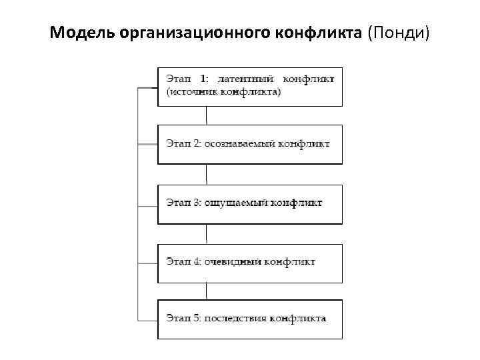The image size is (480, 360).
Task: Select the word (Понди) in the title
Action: [399, 32]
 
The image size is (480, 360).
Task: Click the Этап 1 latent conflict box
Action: [250, 86]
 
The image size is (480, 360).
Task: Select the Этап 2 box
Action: [250, 144]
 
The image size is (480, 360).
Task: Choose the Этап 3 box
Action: [250, 203]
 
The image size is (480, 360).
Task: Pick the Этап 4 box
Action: [250, 263]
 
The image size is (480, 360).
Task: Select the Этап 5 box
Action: [250, 319]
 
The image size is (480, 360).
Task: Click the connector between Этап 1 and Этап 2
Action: [207, 115]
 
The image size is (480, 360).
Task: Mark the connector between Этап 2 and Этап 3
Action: [207, 174]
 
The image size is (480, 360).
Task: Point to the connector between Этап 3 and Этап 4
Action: [207, 233]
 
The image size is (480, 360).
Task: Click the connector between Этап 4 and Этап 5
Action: [207, 291]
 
